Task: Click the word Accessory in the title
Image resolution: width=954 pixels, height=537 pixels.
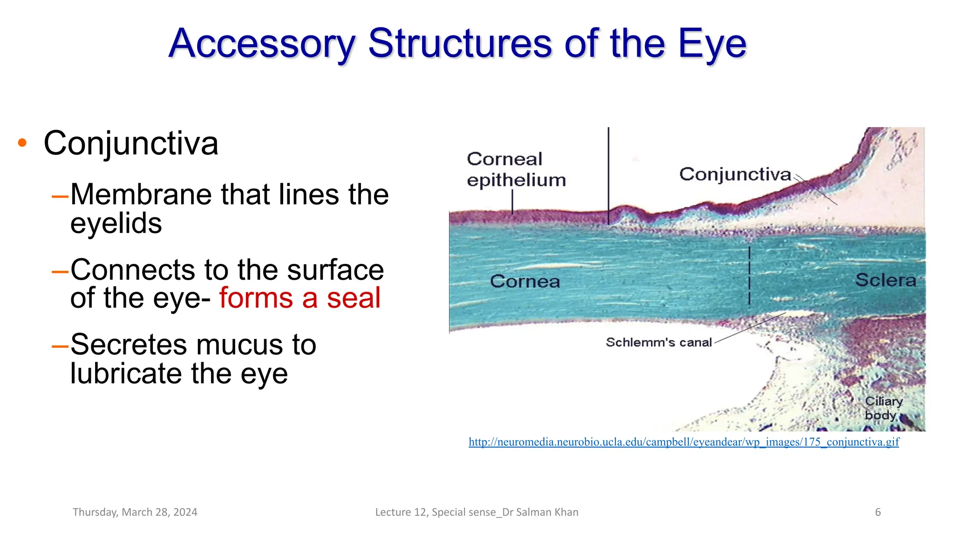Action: [262, 44]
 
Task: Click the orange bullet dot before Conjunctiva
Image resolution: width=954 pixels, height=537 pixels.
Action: [22, 143]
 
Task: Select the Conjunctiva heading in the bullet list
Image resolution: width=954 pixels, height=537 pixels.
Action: [131, 143]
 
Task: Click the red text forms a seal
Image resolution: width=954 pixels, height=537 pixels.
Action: [300, 298]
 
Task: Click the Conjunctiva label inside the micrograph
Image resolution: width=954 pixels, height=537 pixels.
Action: [735, 174]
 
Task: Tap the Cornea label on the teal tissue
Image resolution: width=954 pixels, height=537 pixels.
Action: [525, 281]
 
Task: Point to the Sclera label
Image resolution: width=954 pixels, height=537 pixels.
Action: [886, 280]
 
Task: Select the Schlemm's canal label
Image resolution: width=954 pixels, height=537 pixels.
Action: [659, 342]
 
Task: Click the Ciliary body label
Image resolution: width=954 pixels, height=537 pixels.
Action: [883, 408]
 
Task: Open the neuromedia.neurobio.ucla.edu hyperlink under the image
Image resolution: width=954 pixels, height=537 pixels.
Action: [684, 441]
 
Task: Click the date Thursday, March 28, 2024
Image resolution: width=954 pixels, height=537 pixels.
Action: [135, 512]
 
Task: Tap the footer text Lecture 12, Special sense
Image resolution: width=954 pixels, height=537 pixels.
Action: [477, 512]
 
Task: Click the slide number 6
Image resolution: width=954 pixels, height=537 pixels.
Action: [878, 512]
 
